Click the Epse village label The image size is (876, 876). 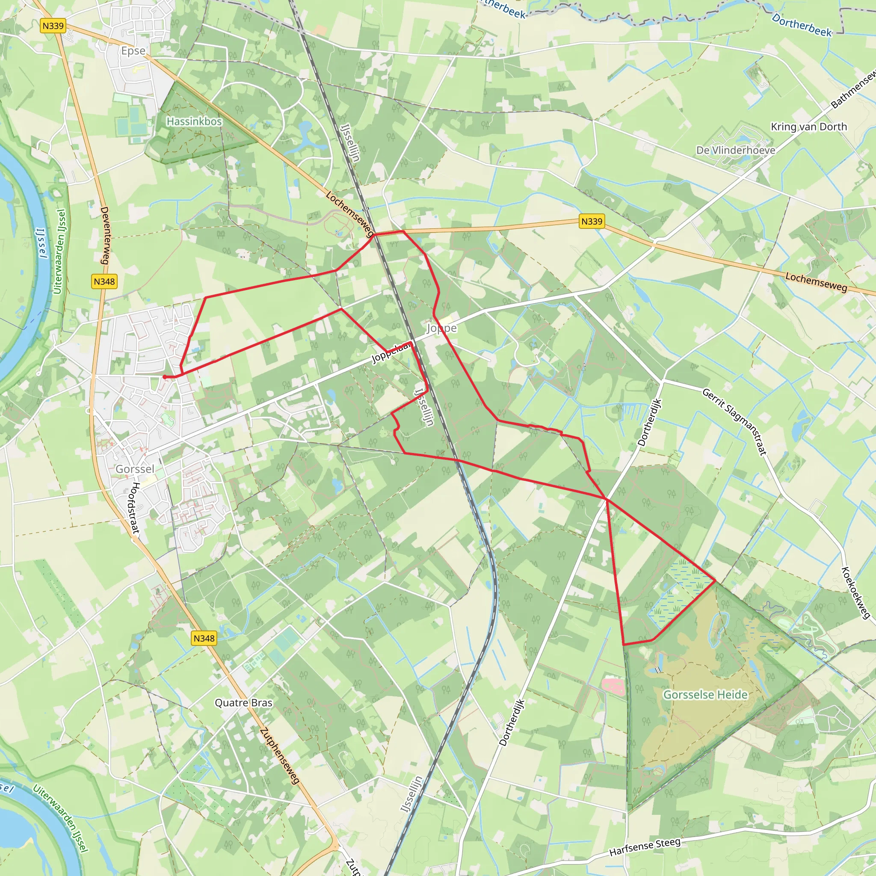133,51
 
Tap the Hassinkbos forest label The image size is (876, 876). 194,121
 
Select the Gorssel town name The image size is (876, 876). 135,469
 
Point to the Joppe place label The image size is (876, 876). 441,328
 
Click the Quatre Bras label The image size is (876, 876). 243,703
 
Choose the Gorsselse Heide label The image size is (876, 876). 705,695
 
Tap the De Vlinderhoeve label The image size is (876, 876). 735,150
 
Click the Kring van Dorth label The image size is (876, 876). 809,127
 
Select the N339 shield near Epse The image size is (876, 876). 53,26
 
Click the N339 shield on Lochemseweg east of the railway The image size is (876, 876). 592,221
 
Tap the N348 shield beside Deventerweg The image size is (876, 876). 104,281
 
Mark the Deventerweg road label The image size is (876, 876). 105,235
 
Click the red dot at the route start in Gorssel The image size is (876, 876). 165,377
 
